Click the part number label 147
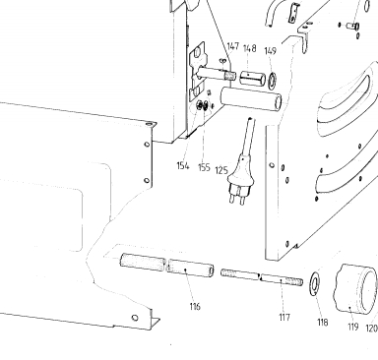click(x=233, y=46)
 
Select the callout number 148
click(x=249, y=48)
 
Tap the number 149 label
click(x=271, y=51)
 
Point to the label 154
click(x=183, y=166)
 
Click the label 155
click(x=204, y=167)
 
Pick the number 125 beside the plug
click(x=221, y=170)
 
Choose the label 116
click(x=195, y=307)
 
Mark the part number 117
click(x=284, y=317)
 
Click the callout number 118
click(x=323, y=323)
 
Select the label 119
click(x=353, y=327)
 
